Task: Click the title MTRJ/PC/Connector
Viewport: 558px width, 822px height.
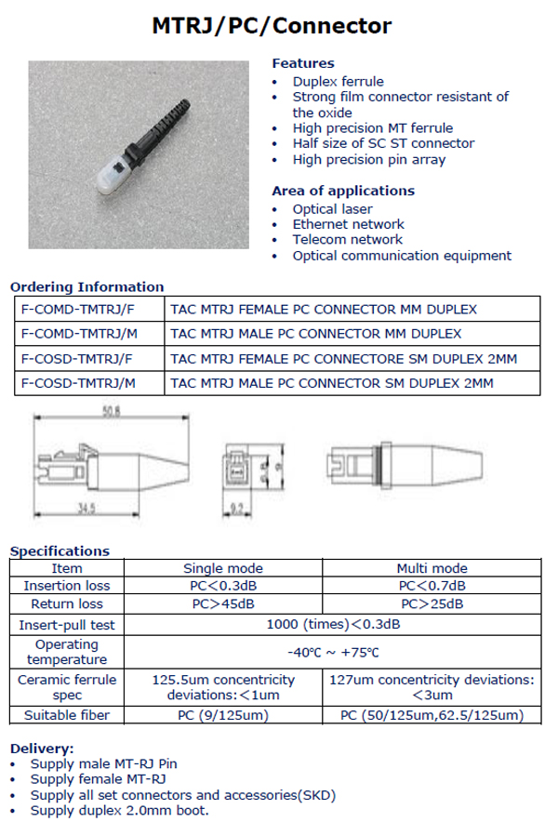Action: point(272,26)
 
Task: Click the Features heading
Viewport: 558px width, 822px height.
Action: point(302,63)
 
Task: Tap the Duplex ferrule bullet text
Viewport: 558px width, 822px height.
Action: point(338,81)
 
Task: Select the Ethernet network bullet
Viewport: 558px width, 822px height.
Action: point(348,224)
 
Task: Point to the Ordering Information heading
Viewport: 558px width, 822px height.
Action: point(86,286)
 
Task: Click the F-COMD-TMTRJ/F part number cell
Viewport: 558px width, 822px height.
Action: point(77,309)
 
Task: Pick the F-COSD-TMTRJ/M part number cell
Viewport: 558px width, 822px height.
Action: point(78,382)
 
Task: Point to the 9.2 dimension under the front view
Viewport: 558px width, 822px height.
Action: point(237,509)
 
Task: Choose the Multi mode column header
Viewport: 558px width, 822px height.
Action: point(432,568)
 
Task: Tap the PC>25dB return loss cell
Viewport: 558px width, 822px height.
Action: point(432,603)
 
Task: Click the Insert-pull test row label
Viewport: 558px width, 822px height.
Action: point(67,625)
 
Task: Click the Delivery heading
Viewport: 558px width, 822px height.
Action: point(42,749)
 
